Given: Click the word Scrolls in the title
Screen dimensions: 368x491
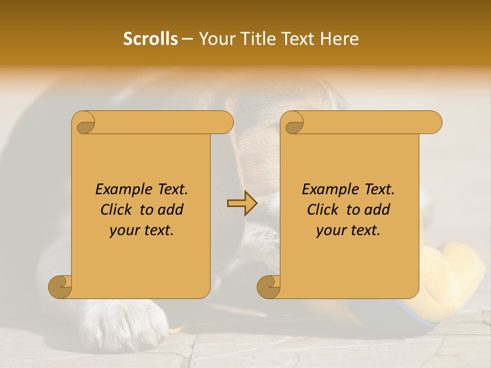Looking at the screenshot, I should tap(151, 39).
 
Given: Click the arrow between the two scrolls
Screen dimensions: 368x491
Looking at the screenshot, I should tap(242, 203).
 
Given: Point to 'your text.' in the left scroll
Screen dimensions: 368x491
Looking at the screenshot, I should tap(142, 230).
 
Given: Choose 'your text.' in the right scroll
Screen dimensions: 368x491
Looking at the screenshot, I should tap(348, 230).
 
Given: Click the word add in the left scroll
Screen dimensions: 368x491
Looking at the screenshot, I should tap(171, 210).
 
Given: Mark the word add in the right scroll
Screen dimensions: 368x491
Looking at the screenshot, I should tap(377, 210).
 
